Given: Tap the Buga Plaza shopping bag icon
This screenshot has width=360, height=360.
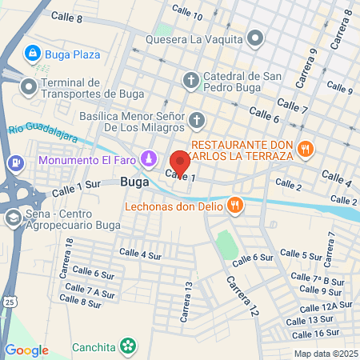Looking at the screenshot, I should (x=33, y=54).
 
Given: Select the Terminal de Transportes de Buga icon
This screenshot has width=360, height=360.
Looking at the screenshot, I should (x=28, y=85).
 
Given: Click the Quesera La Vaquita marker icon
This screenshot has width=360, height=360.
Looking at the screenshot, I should (x=255, y=38).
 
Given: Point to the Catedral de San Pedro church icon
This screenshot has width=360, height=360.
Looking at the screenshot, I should (x=190, y=79).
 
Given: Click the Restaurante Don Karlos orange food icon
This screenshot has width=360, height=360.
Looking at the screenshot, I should (x=305, y=148).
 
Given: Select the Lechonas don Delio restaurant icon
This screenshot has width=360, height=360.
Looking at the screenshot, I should (x=234, y=205).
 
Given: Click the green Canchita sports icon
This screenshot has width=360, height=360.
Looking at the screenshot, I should (x=127, y=346).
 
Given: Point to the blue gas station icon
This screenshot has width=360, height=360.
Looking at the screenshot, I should (x=14, y=162).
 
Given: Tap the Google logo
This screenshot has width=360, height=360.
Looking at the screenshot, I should (x=27, y=350).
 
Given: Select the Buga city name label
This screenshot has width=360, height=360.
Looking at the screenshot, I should (x=134, y=182).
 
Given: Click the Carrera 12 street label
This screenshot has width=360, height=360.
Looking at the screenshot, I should (x=242, y=296).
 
